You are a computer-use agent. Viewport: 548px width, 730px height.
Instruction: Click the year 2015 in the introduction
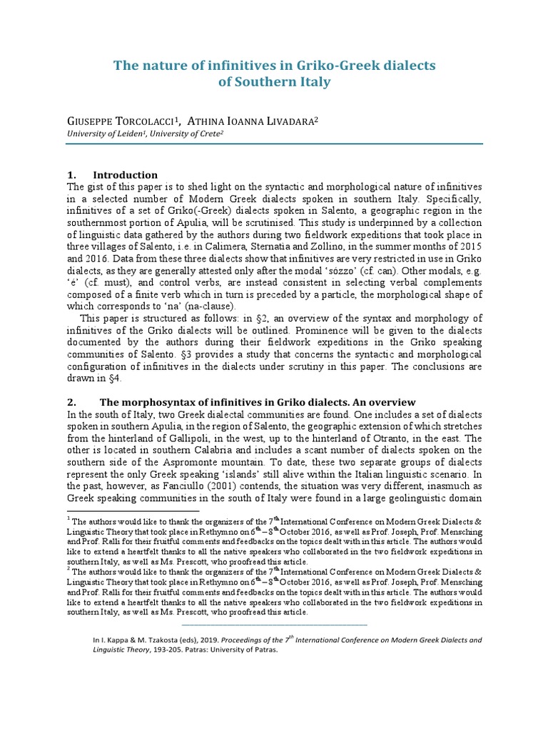pyautogui.click(x=468, y=247)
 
